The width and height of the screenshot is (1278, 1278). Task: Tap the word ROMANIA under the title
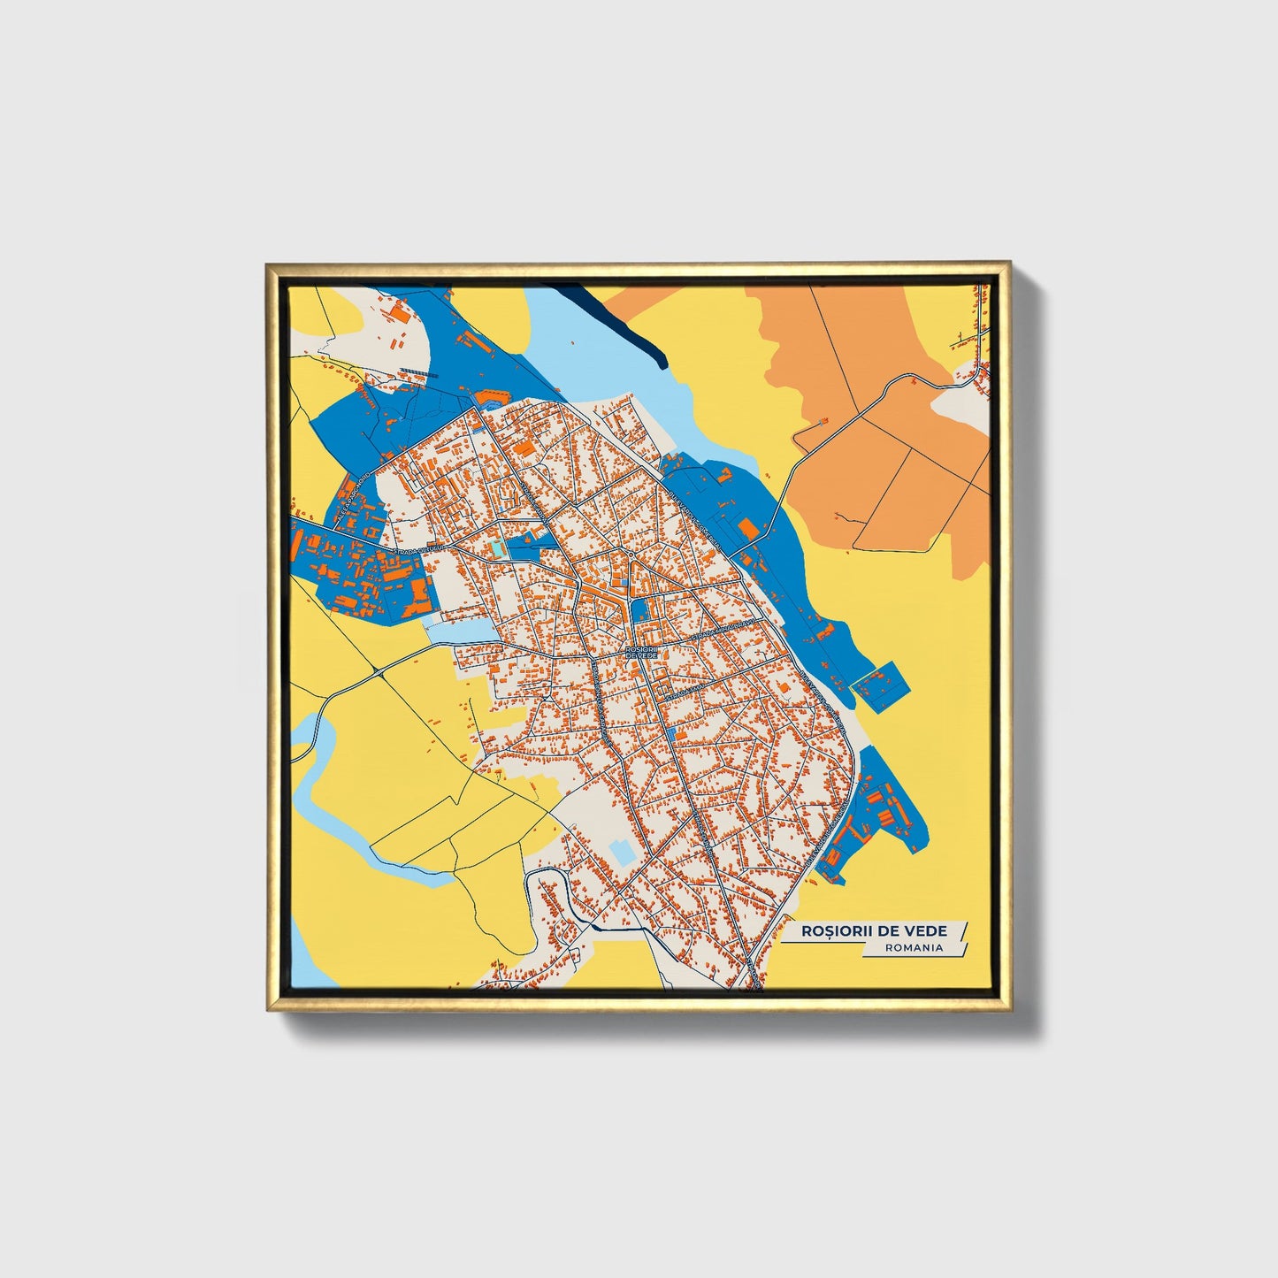click(x=914, y=947)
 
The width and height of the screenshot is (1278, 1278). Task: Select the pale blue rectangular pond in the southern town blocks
click(x=622, y=853)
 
